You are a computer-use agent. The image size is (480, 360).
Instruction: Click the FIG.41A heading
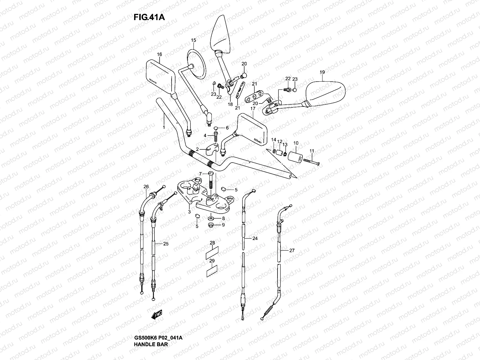[149, 17]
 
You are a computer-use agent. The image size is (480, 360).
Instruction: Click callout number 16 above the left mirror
[159, 54]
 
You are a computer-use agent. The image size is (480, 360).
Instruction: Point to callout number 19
[322, 72]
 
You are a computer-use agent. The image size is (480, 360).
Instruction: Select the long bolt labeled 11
[311, 162]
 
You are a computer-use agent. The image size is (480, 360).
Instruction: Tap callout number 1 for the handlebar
[164, 127]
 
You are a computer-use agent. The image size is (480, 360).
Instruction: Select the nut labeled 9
[210, 225]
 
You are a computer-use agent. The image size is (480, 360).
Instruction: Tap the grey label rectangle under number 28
[212, 255]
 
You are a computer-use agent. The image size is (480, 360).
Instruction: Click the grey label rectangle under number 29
[212, 272]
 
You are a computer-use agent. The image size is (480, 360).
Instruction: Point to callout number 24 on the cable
[255, 238]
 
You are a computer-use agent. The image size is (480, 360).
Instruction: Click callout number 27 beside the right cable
[292, 250]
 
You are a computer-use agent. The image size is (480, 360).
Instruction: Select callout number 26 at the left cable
[146, 187]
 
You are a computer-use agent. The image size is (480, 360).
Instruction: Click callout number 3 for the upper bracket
[189, 212]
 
